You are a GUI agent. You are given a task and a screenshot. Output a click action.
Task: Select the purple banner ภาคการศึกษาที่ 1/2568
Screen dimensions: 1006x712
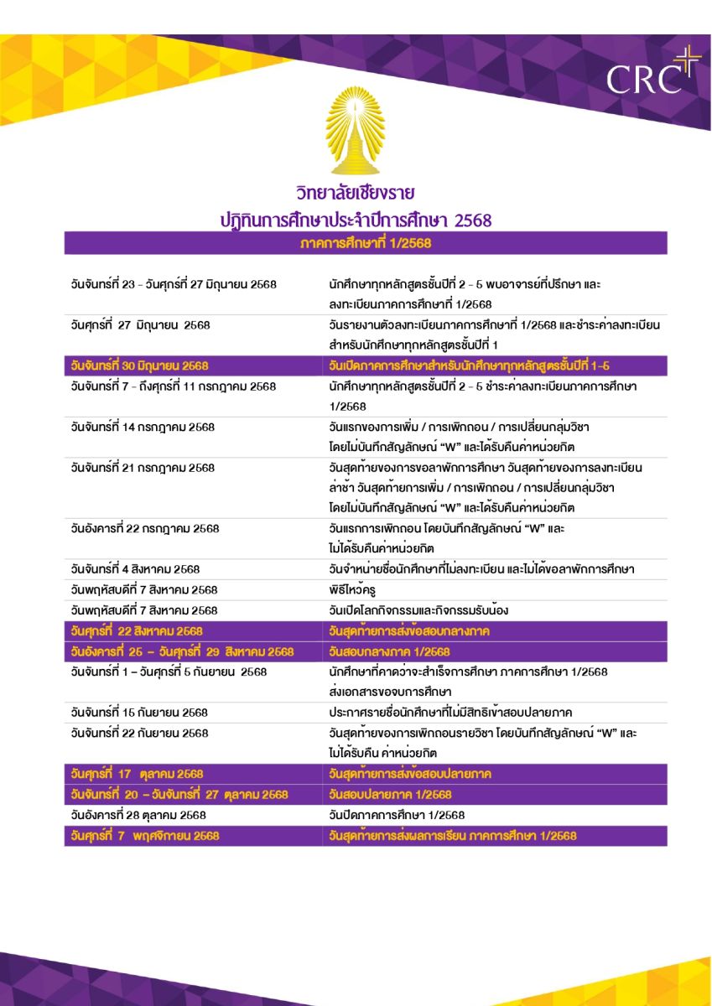[x=366, y=243]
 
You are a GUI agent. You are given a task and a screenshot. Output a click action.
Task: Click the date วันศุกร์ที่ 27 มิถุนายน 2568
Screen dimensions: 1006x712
[x=140, y=324]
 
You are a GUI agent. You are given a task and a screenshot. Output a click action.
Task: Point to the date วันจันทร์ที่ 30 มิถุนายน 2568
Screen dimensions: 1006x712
[x=139, y=366]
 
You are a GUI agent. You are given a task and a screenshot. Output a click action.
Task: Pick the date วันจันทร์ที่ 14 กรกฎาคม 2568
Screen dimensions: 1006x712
[x=143, y=427]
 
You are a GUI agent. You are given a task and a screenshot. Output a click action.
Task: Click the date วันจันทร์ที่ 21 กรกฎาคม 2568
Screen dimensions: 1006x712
[x=143, y=467]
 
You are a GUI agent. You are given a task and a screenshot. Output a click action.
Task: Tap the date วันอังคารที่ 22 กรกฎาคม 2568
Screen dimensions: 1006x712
[x=145, y=528]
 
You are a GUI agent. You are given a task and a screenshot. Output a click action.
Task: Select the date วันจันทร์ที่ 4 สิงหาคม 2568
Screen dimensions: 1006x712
[x=135, y=569]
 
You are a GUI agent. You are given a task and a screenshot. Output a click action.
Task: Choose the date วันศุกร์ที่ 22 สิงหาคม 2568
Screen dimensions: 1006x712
[x=137, y=630]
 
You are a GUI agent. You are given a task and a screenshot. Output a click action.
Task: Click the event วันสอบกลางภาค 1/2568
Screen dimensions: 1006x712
[x=389, y=651]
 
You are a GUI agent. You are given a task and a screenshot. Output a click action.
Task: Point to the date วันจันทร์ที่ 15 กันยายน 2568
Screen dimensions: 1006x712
[x=139, y=713]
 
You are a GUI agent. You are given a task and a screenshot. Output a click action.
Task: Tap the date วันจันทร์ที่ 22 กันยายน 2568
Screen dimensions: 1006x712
[x=139, y=733]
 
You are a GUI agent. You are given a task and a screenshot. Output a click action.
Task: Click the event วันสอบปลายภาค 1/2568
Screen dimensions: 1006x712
[x=390, y=794]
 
